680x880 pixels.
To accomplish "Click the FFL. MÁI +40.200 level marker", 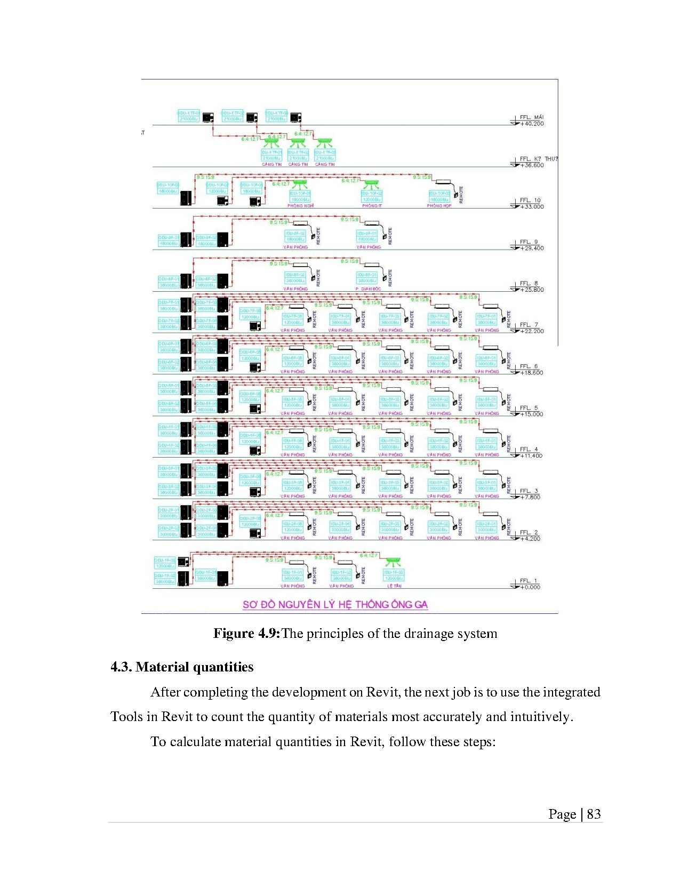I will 531,121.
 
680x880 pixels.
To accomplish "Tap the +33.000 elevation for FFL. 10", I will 532,207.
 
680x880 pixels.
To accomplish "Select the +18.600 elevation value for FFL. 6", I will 532,373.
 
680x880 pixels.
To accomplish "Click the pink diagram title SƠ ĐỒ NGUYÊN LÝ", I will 335,604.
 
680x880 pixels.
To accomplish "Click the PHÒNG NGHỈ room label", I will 300,205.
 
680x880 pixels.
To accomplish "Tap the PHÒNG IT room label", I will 372,205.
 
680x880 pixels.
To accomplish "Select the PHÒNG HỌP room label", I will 439,205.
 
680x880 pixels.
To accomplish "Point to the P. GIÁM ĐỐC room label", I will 368,289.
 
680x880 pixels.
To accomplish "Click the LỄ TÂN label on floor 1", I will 394,586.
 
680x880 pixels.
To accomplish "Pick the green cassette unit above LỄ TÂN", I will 394,562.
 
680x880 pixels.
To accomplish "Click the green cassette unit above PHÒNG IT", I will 371,184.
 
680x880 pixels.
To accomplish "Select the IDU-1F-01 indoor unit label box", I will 292,575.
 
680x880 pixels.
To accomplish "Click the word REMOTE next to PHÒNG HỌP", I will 461,194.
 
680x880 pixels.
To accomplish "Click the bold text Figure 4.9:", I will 246,634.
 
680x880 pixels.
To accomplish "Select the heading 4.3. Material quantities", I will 182,667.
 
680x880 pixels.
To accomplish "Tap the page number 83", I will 594,814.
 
